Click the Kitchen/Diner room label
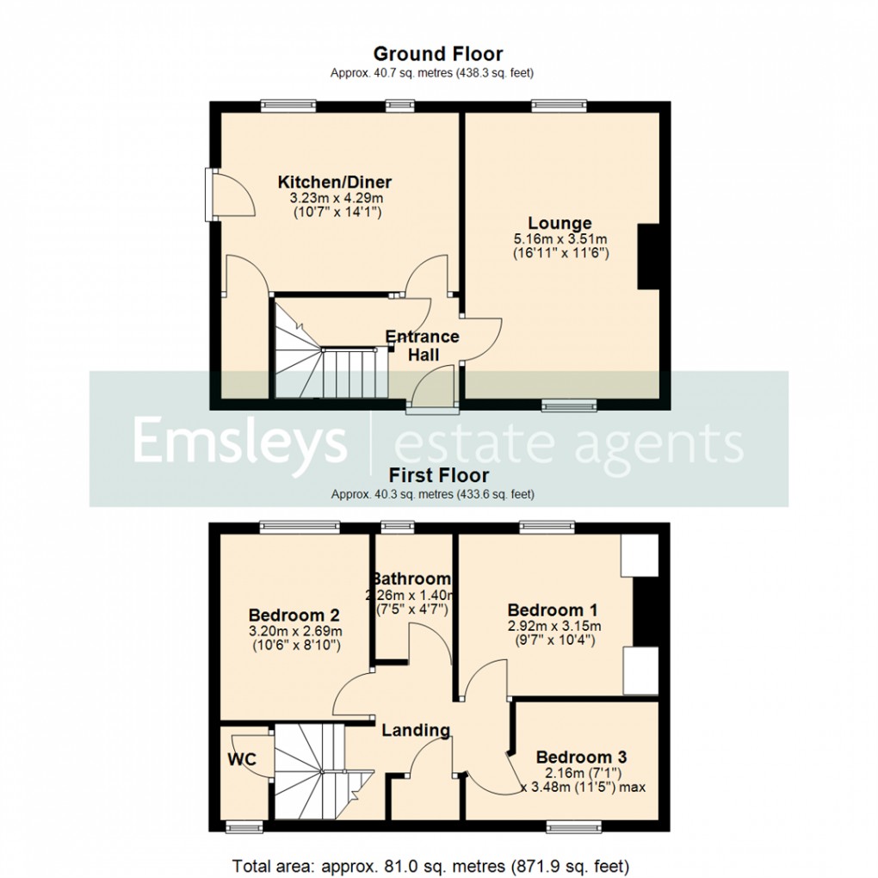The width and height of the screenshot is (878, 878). [x=334, y=182]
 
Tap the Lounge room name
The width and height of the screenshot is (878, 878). [x=560, y=224]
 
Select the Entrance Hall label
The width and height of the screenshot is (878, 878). [x=422, y=345]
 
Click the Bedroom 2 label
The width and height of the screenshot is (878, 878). [x=294, y=615]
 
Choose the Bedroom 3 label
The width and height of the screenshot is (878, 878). [x=581, y=757]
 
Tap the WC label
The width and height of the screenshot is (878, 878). [x=239, y=760]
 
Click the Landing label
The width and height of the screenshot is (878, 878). [x=416, y=730]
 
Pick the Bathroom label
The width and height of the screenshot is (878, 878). [x=412, y=578]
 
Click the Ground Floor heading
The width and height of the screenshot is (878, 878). [x=437, y=54]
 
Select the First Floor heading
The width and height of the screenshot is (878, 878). [x=438, y=475]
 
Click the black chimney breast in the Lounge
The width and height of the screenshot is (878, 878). [x=647, y=257]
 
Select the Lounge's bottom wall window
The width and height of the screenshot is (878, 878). [x=569, y=405]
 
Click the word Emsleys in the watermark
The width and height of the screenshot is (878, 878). [x=238, y=442]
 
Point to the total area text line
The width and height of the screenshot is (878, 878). [x=430, y=863]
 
